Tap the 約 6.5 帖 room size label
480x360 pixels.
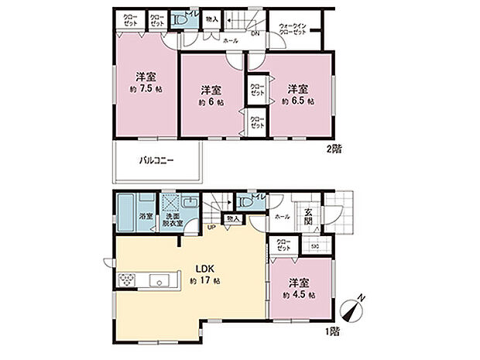coord(298,101)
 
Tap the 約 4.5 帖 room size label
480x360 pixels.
coord(297,295)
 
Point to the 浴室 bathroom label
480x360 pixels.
coord(145,217)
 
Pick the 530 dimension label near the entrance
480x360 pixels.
coord(315,247)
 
